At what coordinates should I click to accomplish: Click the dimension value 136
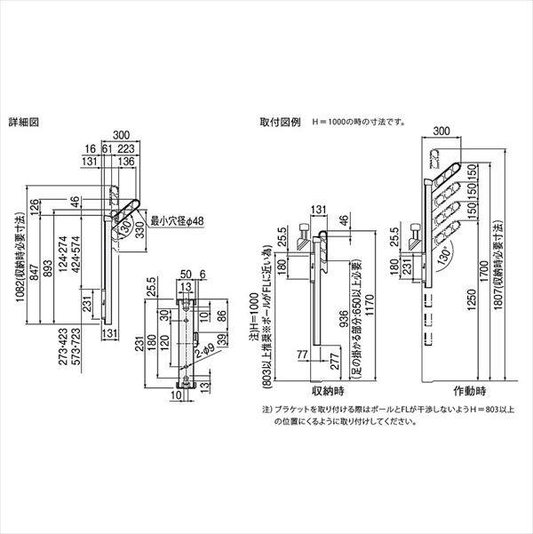point(125,163)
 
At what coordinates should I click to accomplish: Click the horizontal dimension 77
point(304,355)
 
